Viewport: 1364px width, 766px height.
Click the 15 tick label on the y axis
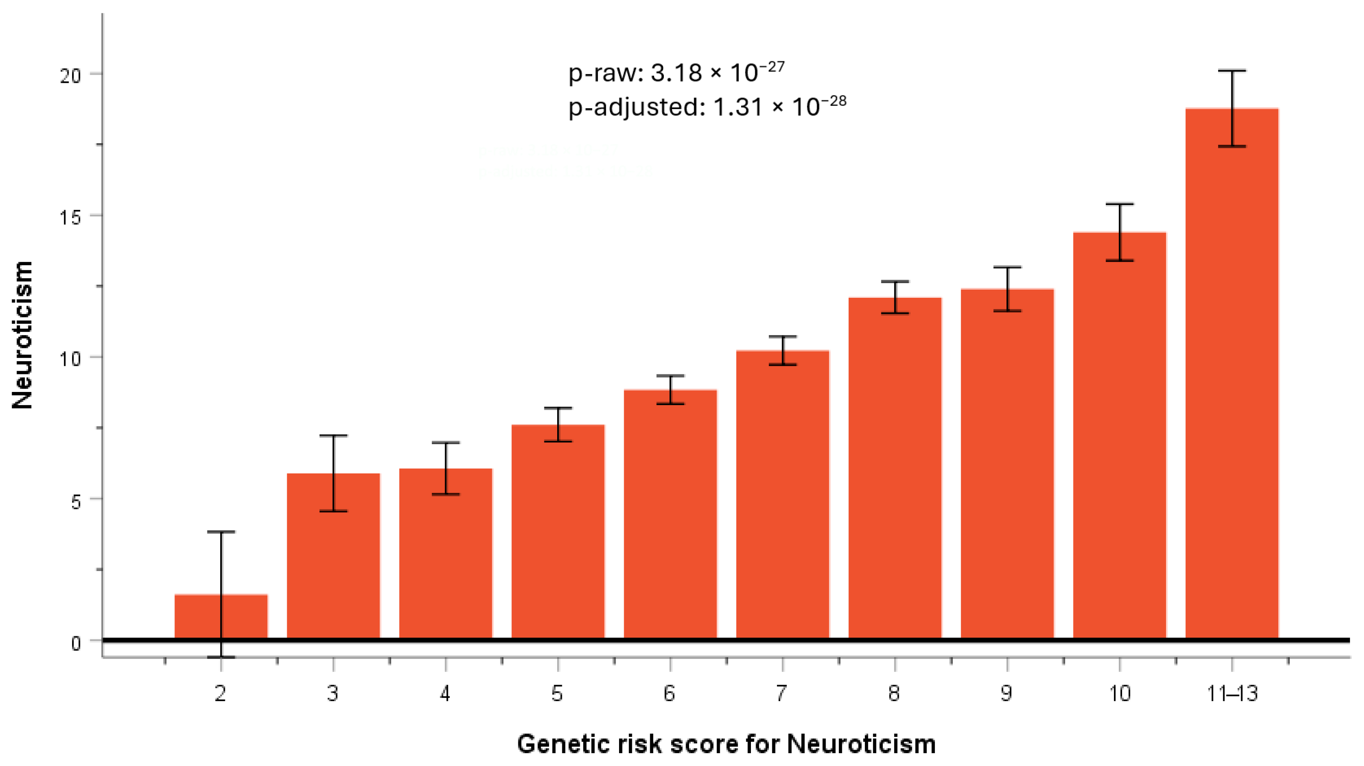[x=70, y=218]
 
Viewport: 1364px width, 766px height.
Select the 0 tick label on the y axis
[x=76, y=643]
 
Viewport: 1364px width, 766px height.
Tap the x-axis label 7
[x=782, y=693]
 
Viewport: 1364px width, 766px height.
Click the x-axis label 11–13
[x=1232, y=693]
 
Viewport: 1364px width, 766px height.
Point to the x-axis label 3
[x=332, y=693]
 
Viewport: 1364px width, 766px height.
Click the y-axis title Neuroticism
[x=22, y=335]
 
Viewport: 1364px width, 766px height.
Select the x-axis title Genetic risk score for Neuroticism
[x=726, y=744]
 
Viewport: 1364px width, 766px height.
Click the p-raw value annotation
[x=676, y=73]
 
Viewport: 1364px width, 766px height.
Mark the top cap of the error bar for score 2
[x=221, y=531]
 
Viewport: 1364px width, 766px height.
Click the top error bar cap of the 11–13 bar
[x=1232, y=70]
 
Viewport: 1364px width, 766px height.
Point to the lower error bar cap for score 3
[x=333, y=511]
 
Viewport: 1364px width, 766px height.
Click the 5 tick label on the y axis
[x=76, y=501]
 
